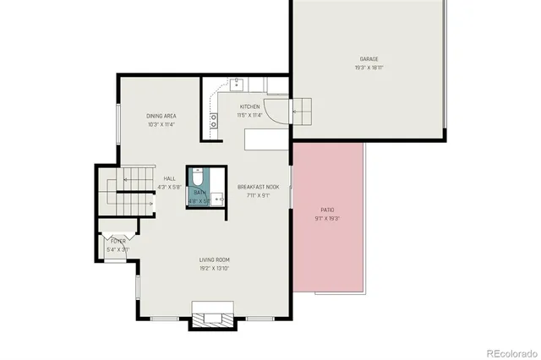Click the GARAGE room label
point(369,59)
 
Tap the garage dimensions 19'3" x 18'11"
point(369,67)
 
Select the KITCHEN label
point(238,106)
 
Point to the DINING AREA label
point(161,116)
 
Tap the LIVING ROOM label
point(215,259)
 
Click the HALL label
point(169,178)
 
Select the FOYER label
point(117,241)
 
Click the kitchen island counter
point(265,138)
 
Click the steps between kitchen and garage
point(302,109)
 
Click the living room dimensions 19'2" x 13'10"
point(215,268)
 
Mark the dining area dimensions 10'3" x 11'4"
point(161,123)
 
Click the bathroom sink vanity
point(217,198)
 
